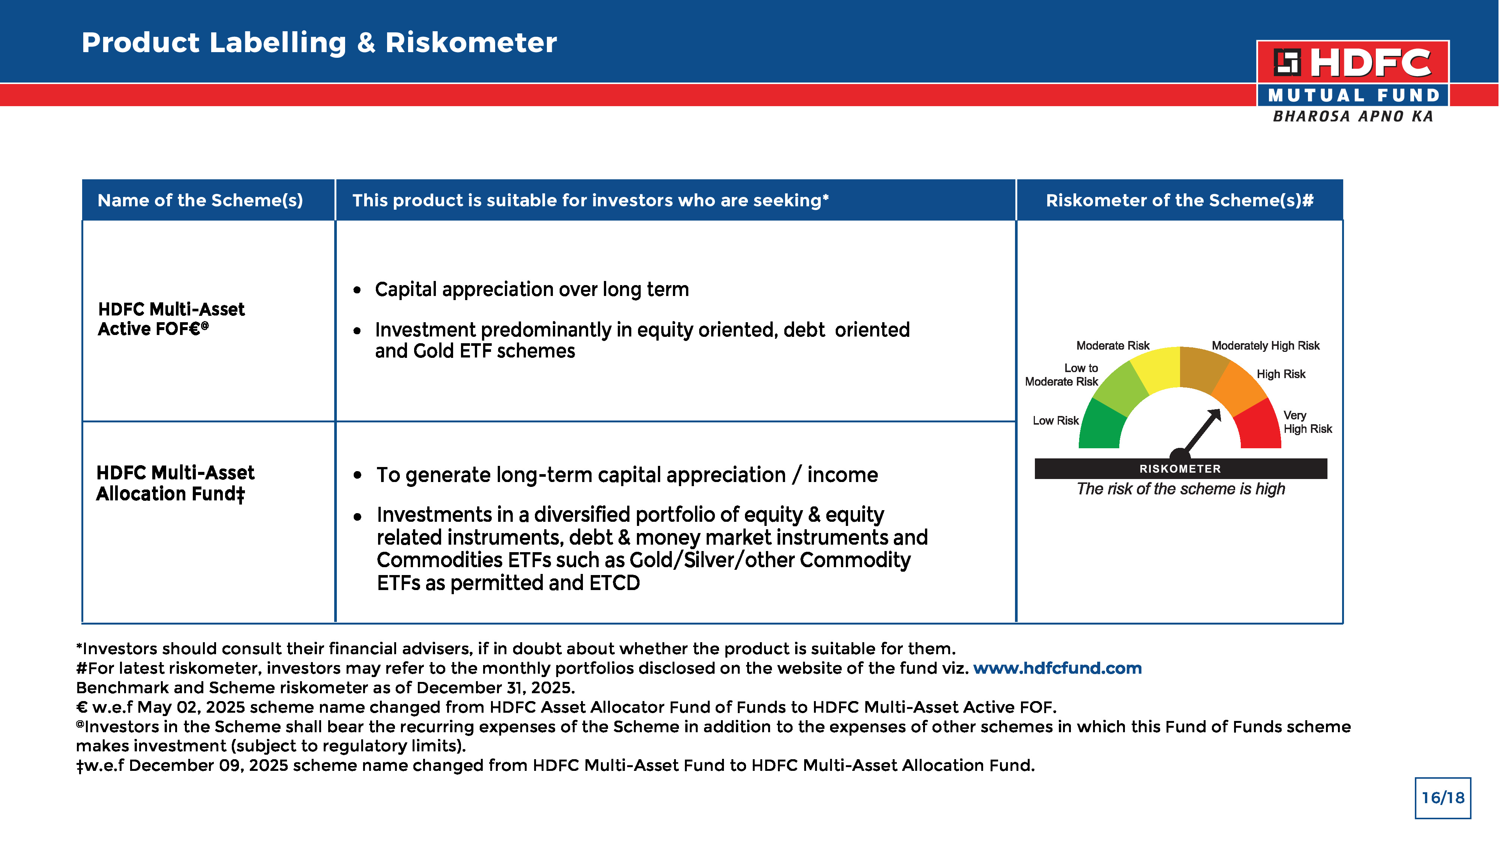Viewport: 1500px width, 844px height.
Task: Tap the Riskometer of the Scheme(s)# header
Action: coord(1179,200)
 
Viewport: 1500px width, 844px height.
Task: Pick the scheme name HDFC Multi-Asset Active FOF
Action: coord(171,318)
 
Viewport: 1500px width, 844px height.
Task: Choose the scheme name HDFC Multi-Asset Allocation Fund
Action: coord(175,483)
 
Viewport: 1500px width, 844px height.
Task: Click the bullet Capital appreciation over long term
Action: coord(531,290)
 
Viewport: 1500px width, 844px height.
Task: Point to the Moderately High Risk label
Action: coord(1265,345)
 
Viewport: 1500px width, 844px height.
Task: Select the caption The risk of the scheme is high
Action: coord(1180,489)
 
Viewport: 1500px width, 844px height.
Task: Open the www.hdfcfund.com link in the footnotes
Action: coord(1057,668)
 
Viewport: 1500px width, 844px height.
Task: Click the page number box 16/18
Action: coord(1442,798)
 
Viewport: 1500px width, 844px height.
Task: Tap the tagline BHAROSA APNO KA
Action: coord(1353,117)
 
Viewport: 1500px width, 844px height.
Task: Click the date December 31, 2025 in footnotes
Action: coord(495,688)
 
